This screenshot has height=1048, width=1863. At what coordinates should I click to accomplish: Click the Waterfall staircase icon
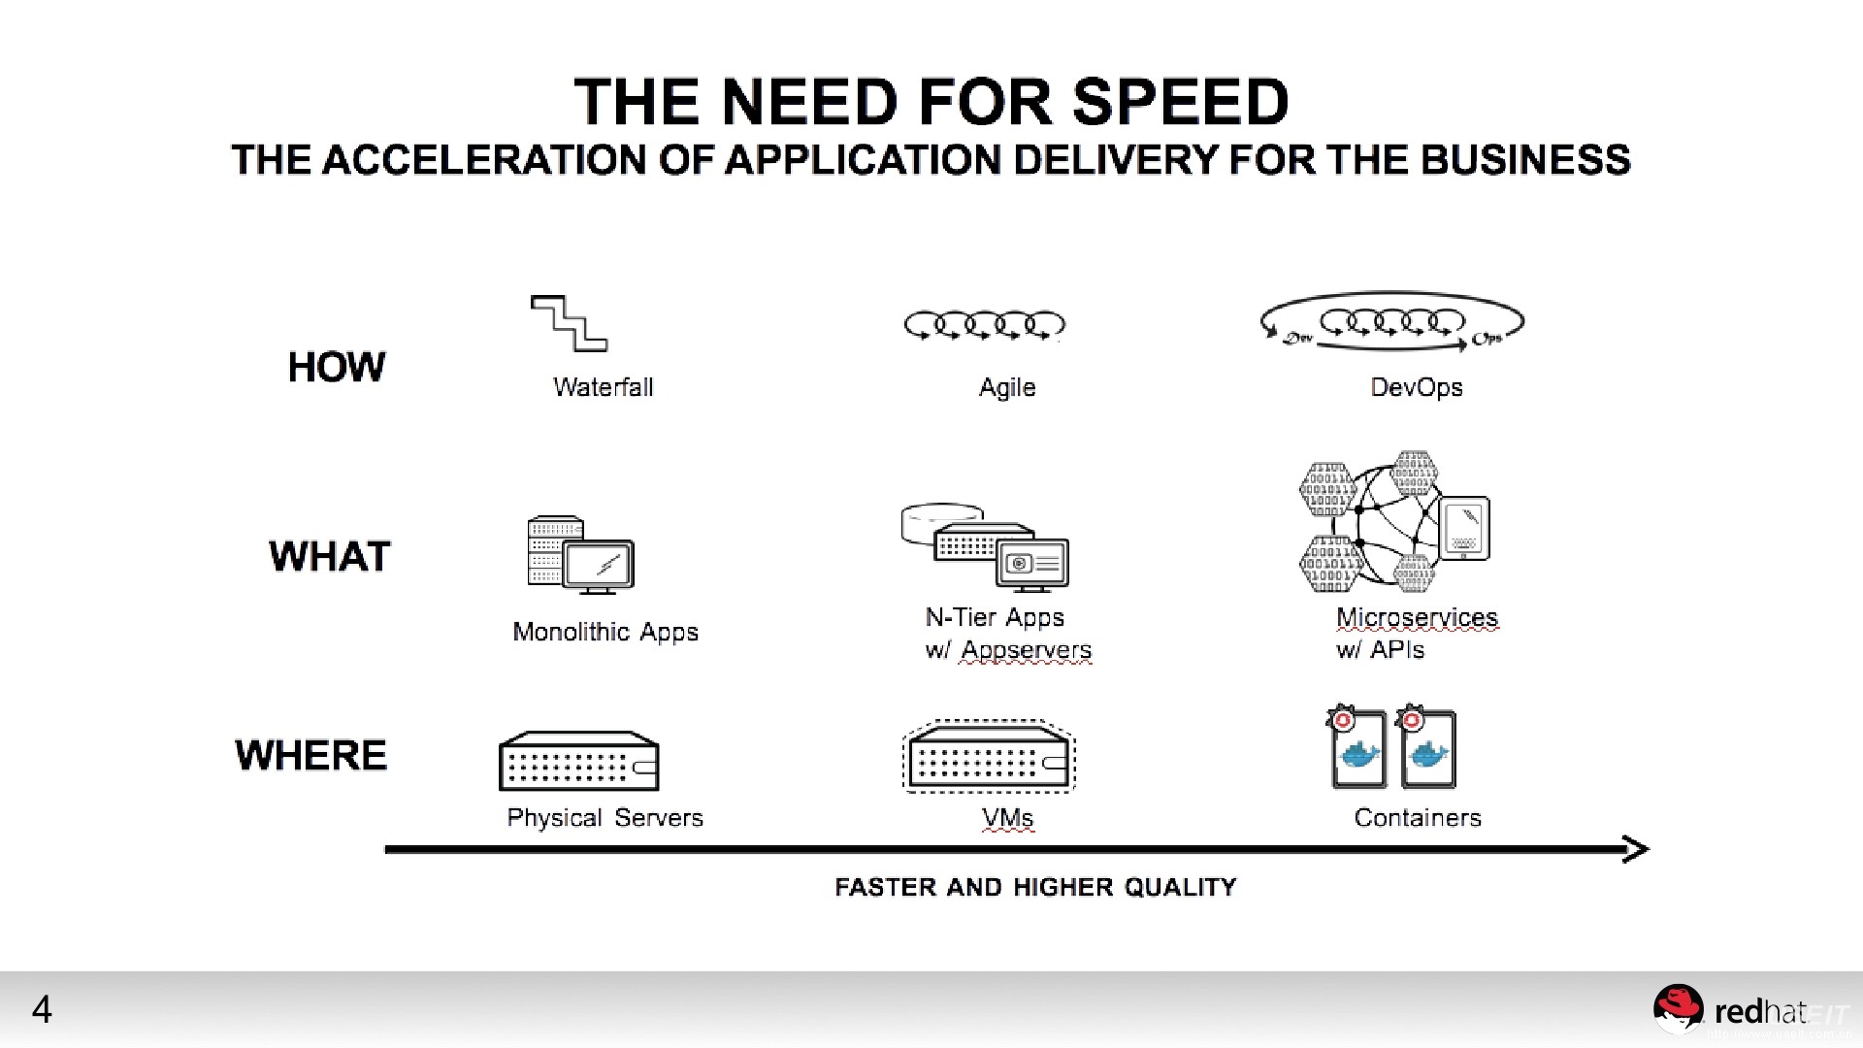[x=569, y=323]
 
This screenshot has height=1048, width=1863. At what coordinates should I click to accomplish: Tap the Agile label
[x=1007, y=387]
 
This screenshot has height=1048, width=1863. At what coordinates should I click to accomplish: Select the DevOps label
[x=1416, y=387]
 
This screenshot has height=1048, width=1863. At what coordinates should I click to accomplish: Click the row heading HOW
[x=336, y=367]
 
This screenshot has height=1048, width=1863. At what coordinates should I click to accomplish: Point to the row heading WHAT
[x=329, y=556]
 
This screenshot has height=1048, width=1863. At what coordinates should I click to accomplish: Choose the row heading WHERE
[x=310, y=755]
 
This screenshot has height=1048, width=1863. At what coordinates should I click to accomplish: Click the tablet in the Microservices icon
[x=1463, y=529]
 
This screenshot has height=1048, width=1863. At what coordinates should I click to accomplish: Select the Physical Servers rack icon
[x=579, y=761]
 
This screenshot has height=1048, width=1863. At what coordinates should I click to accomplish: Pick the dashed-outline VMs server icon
[x=989, y=757]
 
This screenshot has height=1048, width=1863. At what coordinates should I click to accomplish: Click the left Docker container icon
[x=1357, y=750]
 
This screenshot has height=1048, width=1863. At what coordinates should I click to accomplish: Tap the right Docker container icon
[x=1427, y=750]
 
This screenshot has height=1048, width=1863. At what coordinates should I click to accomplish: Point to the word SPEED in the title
[x=1180, y=102]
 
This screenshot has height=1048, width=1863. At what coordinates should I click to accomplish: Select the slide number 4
[x=42, y=1010]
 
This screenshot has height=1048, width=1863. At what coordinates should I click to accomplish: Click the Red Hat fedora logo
[x=1678, y=1008]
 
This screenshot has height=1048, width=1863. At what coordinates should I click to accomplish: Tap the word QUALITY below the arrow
[x=1180, y=887]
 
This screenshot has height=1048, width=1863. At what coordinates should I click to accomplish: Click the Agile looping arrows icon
[x=984, y=324]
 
